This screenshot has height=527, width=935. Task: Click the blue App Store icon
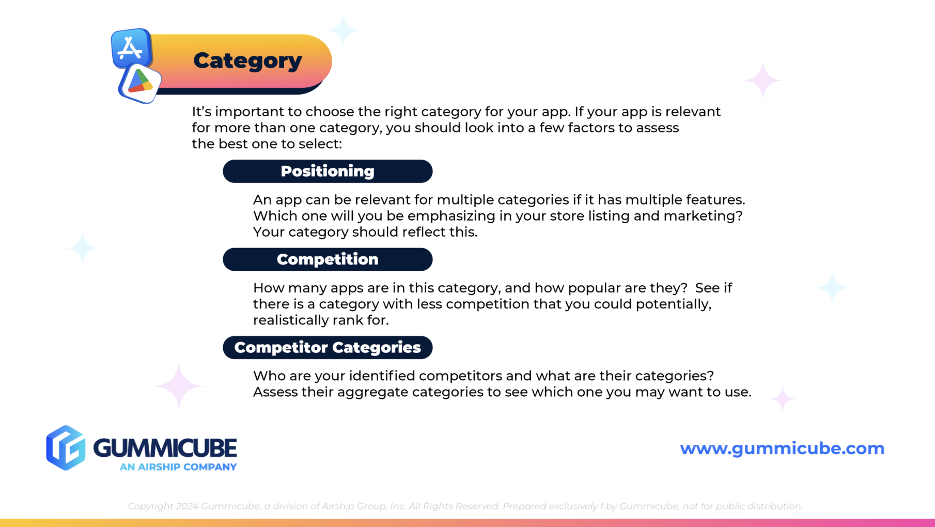point(131,48)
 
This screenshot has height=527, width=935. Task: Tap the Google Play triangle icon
point(139,83)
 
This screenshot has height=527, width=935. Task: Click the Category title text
point(247,61)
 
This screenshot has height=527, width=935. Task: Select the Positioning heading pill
point(328,172)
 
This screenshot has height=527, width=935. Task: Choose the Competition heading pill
point(328,259)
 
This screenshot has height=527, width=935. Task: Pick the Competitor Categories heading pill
point(328,348)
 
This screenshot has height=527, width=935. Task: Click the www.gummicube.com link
point(782,448)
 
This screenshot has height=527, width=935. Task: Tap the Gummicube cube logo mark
point(66,448)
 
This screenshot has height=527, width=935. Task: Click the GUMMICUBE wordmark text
point(165,447)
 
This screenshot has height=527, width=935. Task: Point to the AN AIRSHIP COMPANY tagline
point(178,467)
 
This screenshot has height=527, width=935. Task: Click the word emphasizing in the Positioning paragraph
point(451,216)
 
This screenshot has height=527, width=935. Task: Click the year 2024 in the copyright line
point(187,506)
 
